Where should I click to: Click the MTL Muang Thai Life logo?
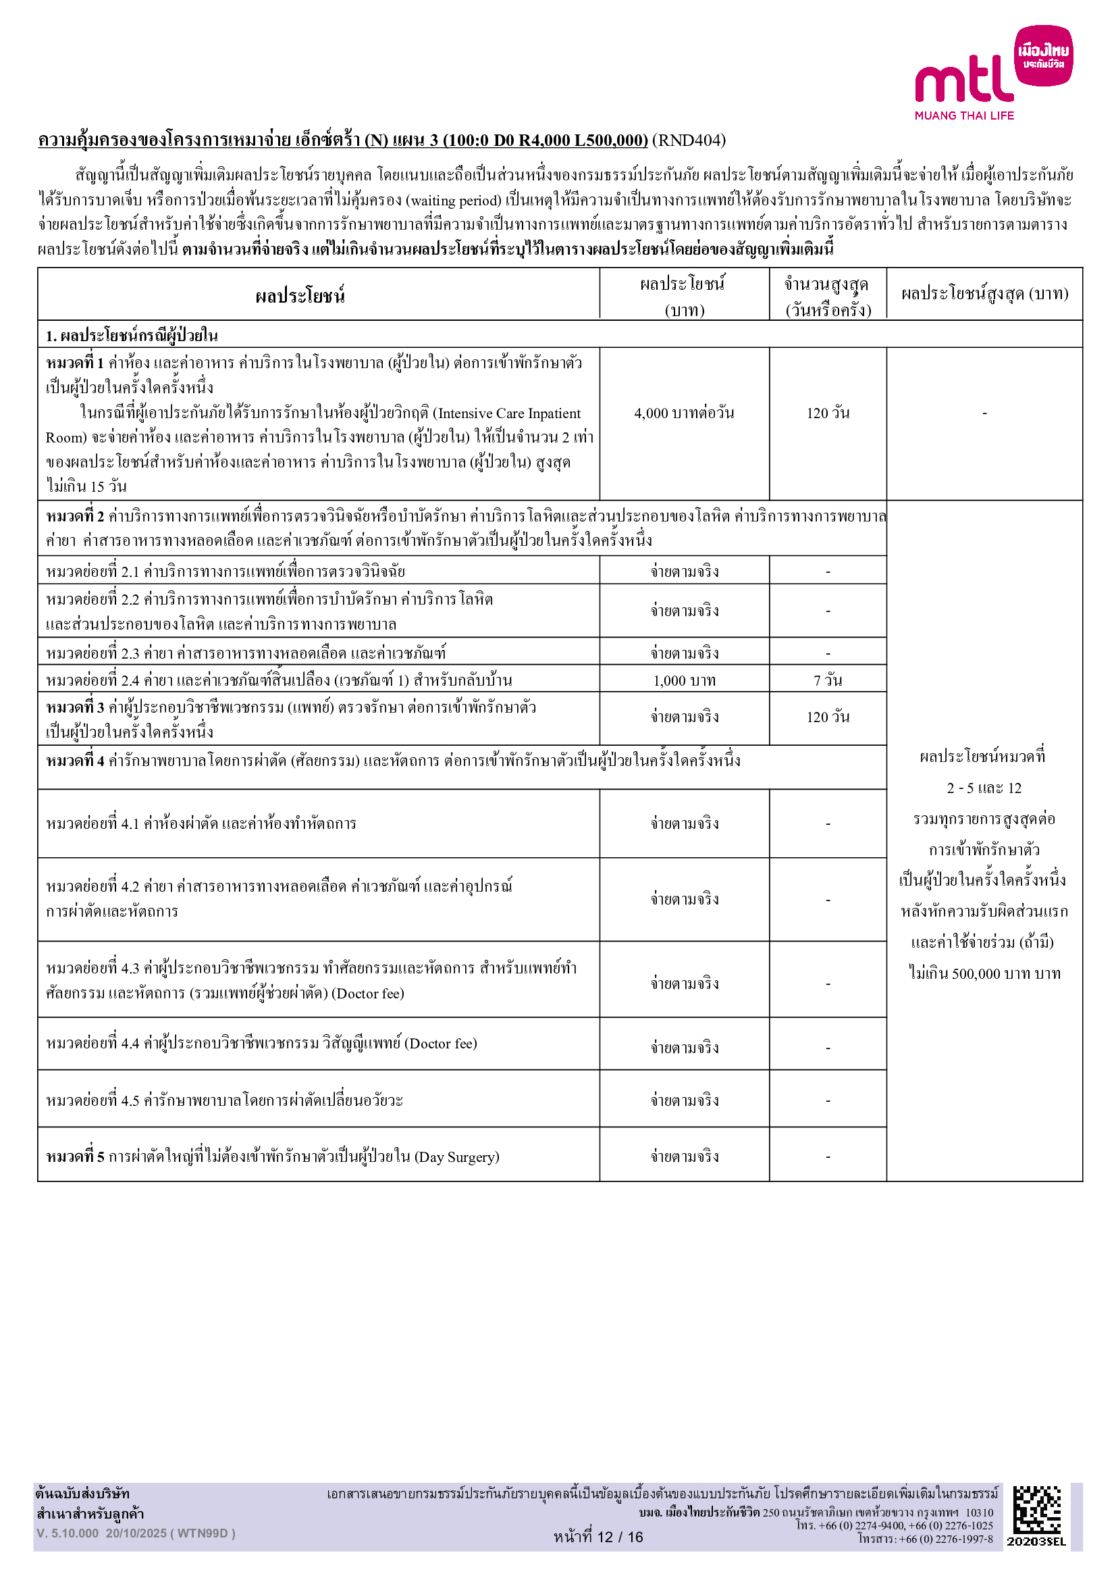[992, 73]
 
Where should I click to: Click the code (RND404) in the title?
[689, 141]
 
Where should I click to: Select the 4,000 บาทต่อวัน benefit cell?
[684, 413]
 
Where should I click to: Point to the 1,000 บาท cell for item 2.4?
[684, 681]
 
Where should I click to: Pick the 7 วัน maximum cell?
[828, 681]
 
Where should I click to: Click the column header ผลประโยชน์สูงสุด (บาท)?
[984, 295]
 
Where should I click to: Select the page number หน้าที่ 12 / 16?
[598, 1537]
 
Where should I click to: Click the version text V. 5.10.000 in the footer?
[68, 1533]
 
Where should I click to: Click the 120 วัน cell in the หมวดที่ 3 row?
[828, 717]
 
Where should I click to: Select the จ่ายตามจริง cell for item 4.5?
[684, 1101]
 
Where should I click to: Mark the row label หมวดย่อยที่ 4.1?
[92, 823]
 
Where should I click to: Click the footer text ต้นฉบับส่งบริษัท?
[82, 1494]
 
